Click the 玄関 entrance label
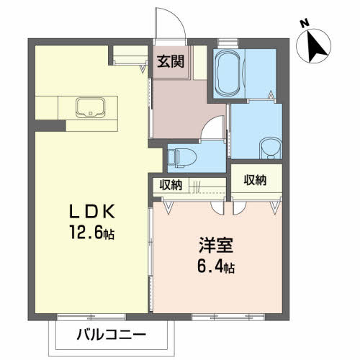coord(171,61)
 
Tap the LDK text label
coord(92,212)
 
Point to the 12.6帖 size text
coord(92,232)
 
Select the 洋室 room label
coord(216,246)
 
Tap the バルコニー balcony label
coord(112,335)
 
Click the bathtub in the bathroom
coord(228,73)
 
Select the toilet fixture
coord(182,158)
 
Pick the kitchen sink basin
coord(91,107)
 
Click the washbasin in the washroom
coord(270,148)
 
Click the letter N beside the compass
coord(305,24)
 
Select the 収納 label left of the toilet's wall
coord(171,185)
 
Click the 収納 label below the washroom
coord(255,180)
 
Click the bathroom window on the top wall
coord(228,42)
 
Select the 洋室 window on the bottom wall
coord(228,317)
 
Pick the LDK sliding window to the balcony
coord(91,317)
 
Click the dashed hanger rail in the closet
coord(207,192)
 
